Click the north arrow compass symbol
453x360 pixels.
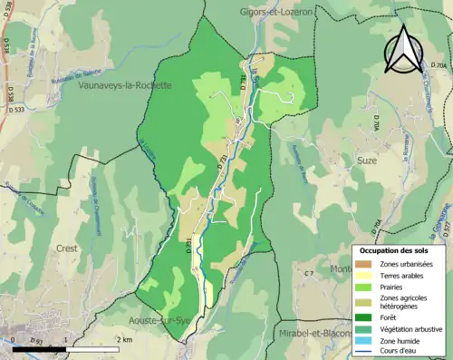click(402, 49)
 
